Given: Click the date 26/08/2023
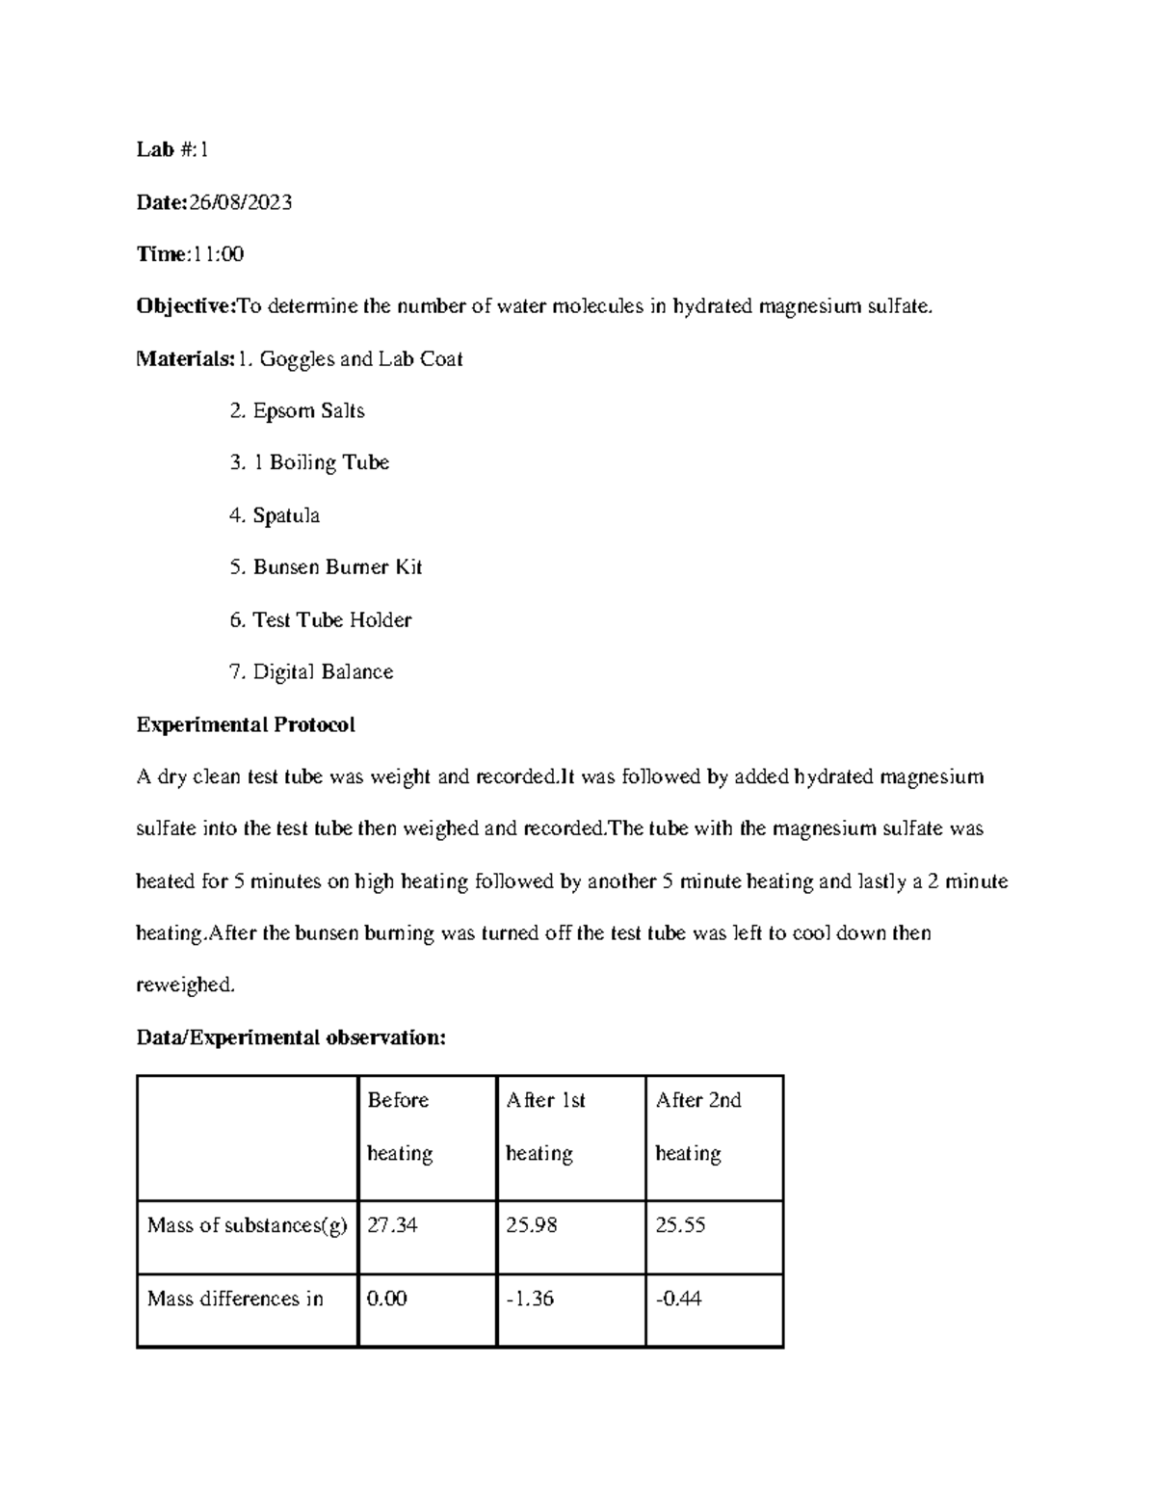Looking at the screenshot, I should (x=241, y=202).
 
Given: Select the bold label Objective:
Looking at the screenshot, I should (x=186, y=307).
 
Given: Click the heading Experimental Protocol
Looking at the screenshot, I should (x=246, y=724).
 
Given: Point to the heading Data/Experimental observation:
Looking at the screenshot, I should (x=291, y=1037).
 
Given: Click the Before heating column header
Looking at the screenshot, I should (x=399, y=1126).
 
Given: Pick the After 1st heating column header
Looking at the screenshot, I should (x=545, y=1126).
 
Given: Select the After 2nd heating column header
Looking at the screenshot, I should (x=697, y=1126).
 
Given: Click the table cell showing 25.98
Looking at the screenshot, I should (x=531, y=1225).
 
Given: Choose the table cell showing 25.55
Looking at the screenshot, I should (x=680, y=1225).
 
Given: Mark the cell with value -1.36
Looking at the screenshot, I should (x=530, y=1299).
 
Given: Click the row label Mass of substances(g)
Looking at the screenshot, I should (x=247, y=1225).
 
